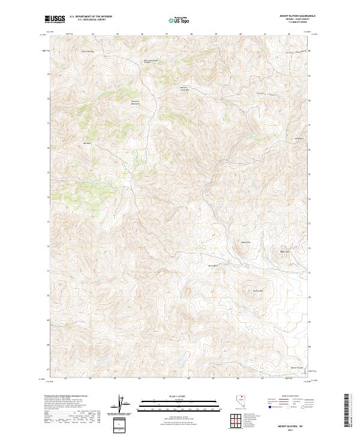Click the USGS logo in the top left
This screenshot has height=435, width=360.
[55, 19]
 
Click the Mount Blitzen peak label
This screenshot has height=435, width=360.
[286, 251]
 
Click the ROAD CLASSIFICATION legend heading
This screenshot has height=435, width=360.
[288, 397]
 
